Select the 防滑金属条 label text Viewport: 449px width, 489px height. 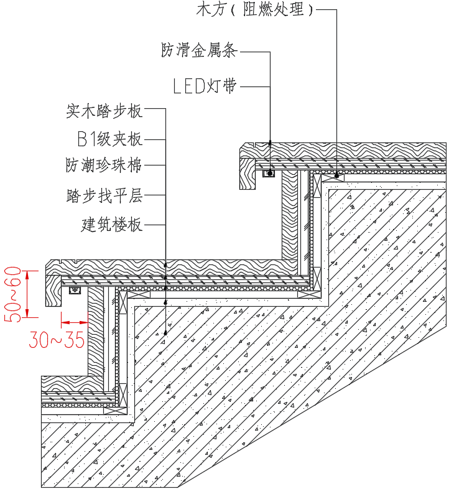point(199,51)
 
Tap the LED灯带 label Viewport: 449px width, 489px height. point(205,86)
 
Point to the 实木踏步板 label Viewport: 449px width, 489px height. point(104,111)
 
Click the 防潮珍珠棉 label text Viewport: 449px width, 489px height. point(104,165)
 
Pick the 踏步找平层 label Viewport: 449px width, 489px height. point(104,195)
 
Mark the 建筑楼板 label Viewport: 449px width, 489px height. point(111,224)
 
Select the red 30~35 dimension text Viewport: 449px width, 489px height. point(57,340)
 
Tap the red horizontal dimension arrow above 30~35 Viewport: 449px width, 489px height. point(74,322)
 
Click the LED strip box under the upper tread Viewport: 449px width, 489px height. point(269,173)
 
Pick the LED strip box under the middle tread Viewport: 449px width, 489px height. point(76,290)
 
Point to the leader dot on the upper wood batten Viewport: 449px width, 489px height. point(336,176)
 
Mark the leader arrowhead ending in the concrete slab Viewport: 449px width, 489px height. point(165,333)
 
